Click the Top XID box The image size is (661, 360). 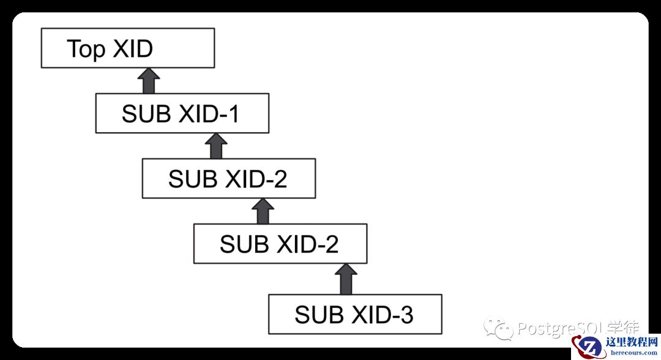127,48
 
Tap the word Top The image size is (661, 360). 86,48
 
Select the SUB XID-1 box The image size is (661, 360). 182,113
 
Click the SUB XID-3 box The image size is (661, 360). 355,314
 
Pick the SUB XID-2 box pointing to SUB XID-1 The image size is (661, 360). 228,178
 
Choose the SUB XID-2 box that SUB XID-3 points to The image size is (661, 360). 280,244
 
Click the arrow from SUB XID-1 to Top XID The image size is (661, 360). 148,81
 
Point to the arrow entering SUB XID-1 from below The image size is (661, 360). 215,146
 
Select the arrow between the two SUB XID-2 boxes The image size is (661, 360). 263,211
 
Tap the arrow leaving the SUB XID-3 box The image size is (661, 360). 346,279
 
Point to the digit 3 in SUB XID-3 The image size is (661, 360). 406,315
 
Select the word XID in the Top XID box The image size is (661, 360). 132,48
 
